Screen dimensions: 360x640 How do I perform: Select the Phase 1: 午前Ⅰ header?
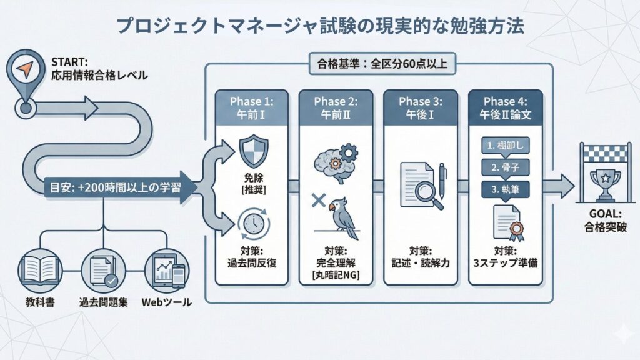[x=249, y=107]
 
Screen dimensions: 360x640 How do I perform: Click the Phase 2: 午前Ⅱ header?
[x=334, y=107]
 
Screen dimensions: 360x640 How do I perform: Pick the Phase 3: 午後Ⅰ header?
[x=419, y=107]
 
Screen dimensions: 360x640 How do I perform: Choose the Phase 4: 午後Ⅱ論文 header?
[x=505, y=107]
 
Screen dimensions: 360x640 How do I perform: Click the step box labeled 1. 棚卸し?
[x=505, y=146]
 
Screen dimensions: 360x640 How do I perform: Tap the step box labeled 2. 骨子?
[x=505, y=168]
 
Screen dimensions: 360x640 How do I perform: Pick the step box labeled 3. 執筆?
[x=505, y=189]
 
